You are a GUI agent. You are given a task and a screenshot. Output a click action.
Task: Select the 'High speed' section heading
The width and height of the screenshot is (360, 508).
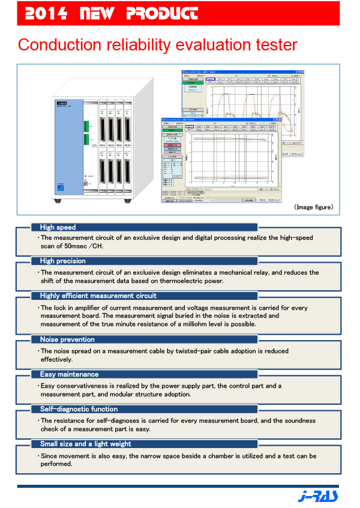[58, 227]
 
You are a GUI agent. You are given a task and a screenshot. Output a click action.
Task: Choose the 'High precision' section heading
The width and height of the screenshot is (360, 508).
[62, 261]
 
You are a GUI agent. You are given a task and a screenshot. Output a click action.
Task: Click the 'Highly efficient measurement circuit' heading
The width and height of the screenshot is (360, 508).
[98, 296]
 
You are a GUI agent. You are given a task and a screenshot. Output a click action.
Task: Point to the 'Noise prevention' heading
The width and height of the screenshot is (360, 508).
[67, 340]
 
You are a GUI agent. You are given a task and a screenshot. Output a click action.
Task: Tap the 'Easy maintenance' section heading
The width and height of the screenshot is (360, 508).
[68, 374]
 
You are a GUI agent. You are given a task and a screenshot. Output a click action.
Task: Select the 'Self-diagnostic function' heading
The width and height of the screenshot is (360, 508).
[79, 409]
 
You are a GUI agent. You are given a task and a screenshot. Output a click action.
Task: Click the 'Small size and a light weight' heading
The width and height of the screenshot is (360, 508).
[85, 444]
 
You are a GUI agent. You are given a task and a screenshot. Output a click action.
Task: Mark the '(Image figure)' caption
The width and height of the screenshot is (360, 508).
[313, 207]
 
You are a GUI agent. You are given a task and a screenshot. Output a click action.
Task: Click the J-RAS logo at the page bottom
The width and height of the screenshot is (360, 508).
[318, 495]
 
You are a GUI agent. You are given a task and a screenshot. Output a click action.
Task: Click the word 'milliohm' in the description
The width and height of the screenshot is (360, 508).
[199, 324]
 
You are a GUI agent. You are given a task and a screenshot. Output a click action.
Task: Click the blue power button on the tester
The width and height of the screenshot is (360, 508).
[61, 188]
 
